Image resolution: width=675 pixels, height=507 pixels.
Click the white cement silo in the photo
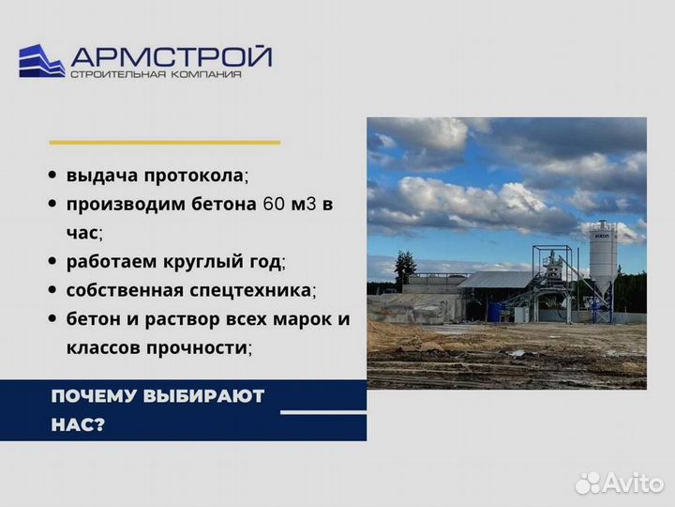(603, 254)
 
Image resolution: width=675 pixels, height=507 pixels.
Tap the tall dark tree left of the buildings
(404, 269)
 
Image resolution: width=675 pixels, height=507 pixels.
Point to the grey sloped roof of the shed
(498, 280)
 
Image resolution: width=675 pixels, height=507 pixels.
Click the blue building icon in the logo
(41, 61)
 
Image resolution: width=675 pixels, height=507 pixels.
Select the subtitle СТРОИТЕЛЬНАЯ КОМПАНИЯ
(156, 75)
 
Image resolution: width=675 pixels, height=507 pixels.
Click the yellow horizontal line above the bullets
(164, 142)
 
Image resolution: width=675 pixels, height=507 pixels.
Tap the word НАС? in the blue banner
(78, 424)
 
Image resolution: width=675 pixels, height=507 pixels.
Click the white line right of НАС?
(323, 411)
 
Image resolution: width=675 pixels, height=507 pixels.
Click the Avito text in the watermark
(633, 482)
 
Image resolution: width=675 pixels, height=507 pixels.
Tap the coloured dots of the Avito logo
(588, 483)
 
